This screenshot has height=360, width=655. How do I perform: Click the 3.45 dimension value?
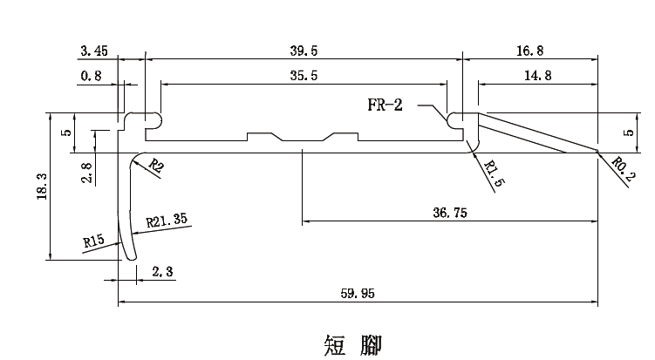pyautogui.click(x=93, y=52)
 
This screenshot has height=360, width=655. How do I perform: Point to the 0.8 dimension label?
pyautogui.click(x=91, y=77)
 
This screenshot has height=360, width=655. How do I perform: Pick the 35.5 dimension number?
pyautogui.click(x=304, y=77)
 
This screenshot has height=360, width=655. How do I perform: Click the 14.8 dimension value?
pyautogui.click(x=537, y=77)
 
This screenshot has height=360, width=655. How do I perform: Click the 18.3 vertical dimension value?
pyautogui.click(x=43, y=187)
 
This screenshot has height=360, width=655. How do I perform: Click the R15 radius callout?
pyautogui.click(x=94, y=240)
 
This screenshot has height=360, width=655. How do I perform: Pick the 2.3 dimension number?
pyautogui.click(x=163, y=272)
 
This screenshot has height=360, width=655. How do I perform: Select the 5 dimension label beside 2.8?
pyautogui.click(x=65, y=133)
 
